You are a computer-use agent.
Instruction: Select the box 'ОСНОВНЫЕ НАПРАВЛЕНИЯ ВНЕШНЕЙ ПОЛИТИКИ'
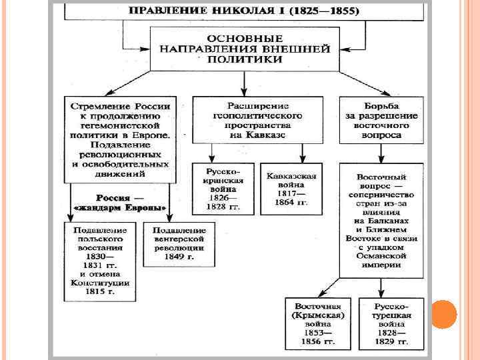point(245,49)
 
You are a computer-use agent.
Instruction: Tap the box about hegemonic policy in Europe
point(120,139)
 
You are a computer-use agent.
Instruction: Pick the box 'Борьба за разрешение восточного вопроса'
point(383,120)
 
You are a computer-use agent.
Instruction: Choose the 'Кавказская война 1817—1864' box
point(291,188)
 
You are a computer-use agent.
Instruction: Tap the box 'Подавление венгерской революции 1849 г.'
point(175,244)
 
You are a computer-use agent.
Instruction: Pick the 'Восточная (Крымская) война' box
point(317,323)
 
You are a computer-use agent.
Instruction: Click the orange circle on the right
point(444,314)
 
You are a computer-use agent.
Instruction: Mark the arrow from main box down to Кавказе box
point(245,83)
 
